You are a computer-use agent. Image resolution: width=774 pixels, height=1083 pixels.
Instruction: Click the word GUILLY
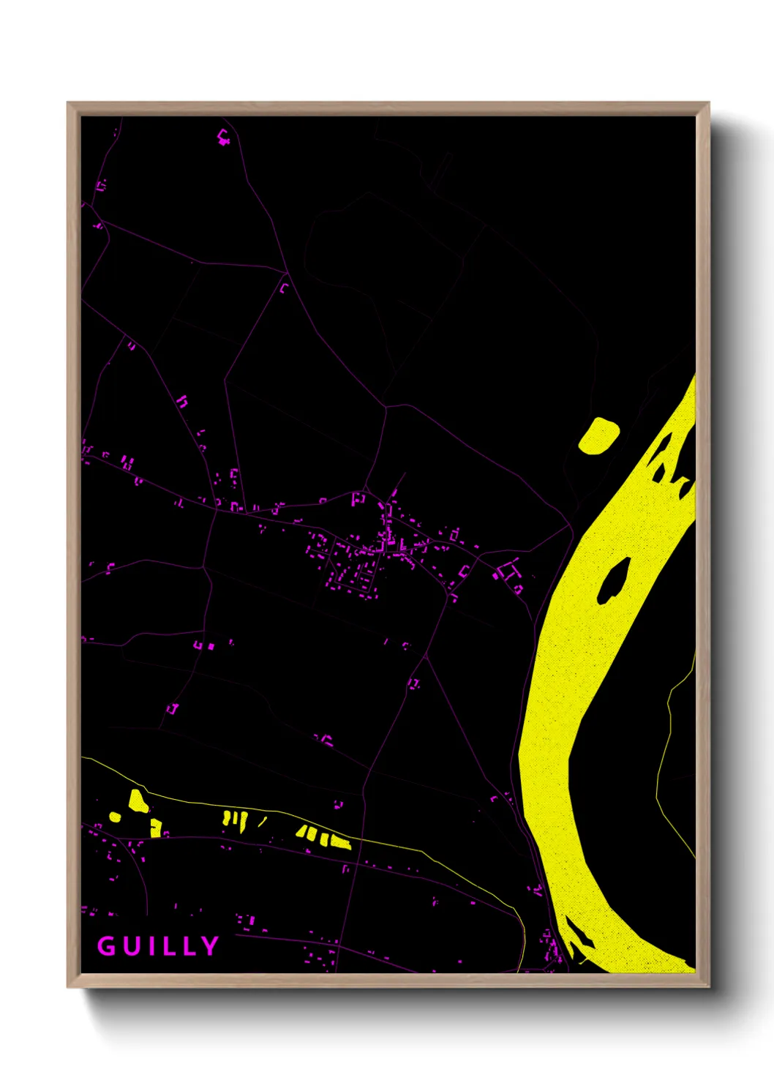tap(158, 946)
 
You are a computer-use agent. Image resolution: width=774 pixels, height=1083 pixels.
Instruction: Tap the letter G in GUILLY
tap(106, 946)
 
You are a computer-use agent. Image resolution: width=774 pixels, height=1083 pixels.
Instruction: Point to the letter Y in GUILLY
tap(211, 946)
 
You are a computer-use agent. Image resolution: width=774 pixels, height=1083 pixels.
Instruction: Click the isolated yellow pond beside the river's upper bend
tap(598, 435)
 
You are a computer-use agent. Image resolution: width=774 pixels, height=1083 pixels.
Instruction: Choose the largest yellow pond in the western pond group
tap(138, 801)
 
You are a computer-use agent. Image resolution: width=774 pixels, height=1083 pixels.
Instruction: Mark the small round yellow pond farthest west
tap(115, 816)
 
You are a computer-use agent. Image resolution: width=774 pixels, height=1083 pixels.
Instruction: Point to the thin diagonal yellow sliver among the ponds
tap(262, 822)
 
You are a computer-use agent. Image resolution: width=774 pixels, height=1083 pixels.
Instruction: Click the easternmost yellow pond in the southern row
tap(340, 842)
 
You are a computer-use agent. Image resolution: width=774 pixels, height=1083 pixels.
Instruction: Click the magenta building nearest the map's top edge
tap(224, 136)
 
